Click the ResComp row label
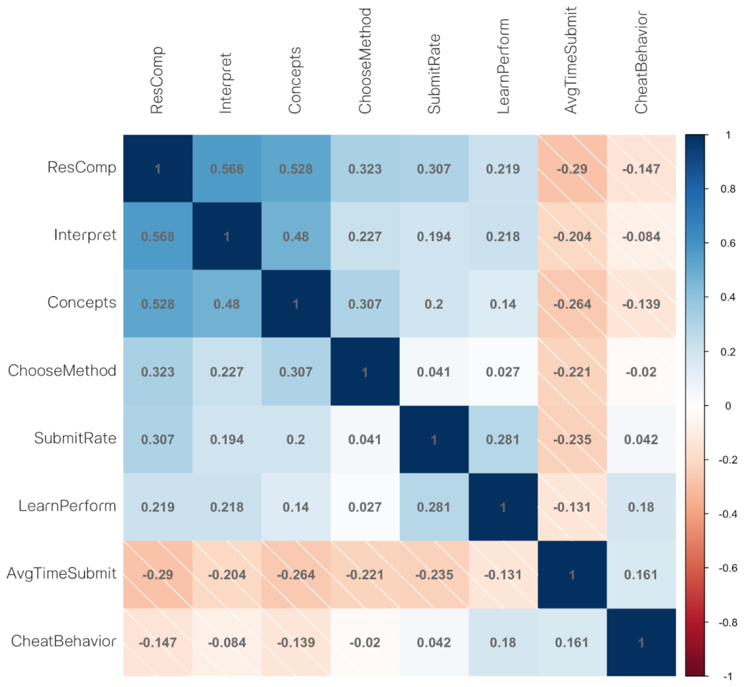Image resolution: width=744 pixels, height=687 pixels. [x=82, y=168]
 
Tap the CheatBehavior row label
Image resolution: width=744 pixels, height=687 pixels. [x=64, y=641]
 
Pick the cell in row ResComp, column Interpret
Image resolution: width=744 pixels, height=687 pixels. [x=227, y=169]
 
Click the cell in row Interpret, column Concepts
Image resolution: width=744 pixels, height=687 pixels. [x=296, y=237]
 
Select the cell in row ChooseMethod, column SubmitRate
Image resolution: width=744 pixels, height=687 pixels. [x=434, y=372]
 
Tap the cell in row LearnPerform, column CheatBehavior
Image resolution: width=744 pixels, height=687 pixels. [x=641, y=507]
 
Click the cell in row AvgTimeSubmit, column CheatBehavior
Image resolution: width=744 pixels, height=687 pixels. [x=641, y=575]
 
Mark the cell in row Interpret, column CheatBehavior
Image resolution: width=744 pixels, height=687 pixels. [x=641, y=237]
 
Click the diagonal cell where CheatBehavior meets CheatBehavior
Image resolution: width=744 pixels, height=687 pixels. [x=641, y=642]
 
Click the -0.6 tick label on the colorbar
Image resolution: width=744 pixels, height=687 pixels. [x=728, y=568]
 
